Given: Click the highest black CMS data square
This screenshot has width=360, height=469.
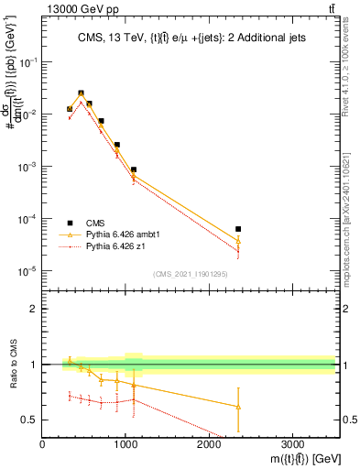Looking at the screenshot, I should pos(82,93).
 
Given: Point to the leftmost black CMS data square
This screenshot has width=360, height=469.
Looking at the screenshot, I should pos(70,109).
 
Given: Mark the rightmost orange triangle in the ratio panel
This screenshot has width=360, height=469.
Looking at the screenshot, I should pos(238,407).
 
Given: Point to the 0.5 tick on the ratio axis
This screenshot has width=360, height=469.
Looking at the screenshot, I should pos(33,420).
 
